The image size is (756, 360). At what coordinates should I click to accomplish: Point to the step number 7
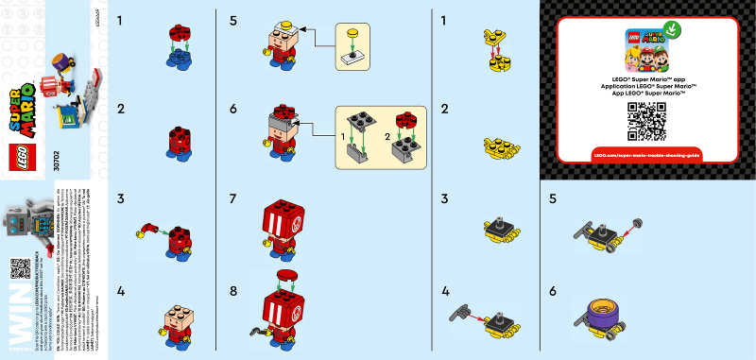click(234, 199)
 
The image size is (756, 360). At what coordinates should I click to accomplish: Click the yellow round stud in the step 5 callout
click(352, 35)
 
